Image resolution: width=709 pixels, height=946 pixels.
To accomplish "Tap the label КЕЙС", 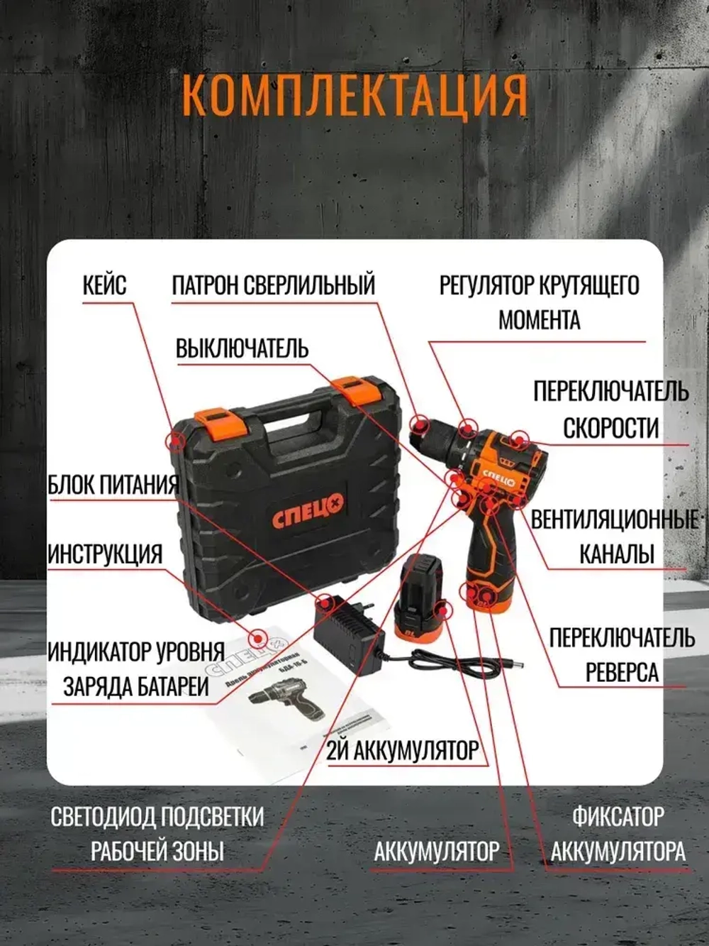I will [x=104, y=285].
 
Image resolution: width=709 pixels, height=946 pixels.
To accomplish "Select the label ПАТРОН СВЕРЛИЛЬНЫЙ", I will [x=273, y=285].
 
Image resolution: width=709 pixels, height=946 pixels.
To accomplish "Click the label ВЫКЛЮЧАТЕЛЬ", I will [x=242, y=349].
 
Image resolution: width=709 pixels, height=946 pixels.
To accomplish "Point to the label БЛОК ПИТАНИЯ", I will [x=113, y=485].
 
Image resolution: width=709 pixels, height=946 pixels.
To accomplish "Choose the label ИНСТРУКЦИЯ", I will [x=105, y=554].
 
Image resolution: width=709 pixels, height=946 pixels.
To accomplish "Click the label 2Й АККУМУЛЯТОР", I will [x=402, y=750].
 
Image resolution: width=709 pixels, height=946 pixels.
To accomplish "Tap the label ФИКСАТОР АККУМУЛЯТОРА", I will [x=618, y=834].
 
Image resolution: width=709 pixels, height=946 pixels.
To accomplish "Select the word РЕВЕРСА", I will [x=622, y=672].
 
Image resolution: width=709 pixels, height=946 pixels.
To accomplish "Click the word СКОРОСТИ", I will [x=610, y=428].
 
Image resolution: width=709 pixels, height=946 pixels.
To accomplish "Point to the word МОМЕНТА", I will [x=539, y=320].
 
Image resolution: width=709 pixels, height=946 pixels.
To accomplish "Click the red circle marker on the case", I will [x=175, y=441].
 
